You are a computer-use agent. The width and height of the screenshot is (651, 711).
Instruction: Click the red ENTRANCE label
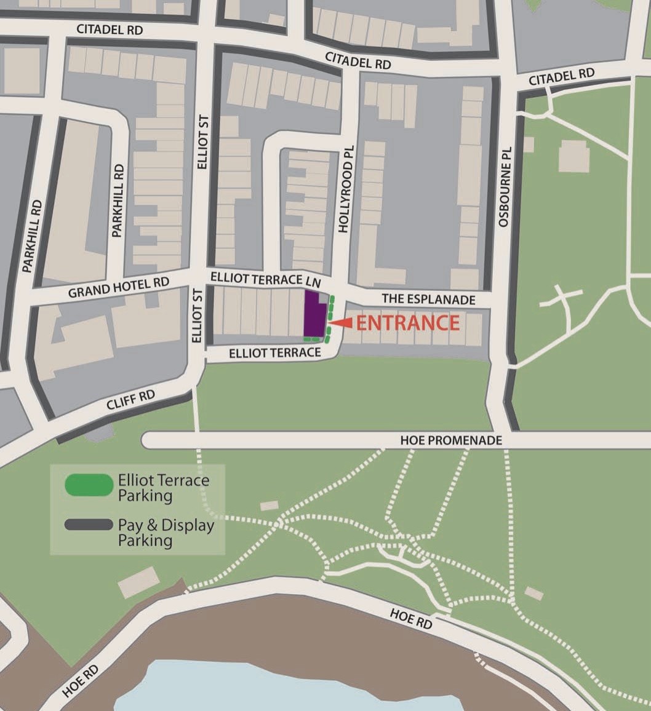coord(408,323)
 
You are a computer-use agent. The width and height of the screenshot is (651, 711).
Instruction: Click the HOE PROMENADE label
coord(450,440)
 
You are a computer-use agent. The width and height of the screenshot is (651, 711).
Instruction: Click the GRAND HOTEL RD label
coord(118,287)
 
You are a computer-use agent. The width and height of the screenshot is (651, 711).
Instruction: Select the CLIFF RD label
coord(130,400)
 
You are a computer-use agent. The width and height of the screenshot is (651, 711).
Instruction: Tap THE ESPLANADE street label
coord(428,300)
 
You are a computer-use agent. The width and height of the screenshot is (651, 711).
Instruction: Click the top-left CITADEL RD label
coord(109,30)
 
